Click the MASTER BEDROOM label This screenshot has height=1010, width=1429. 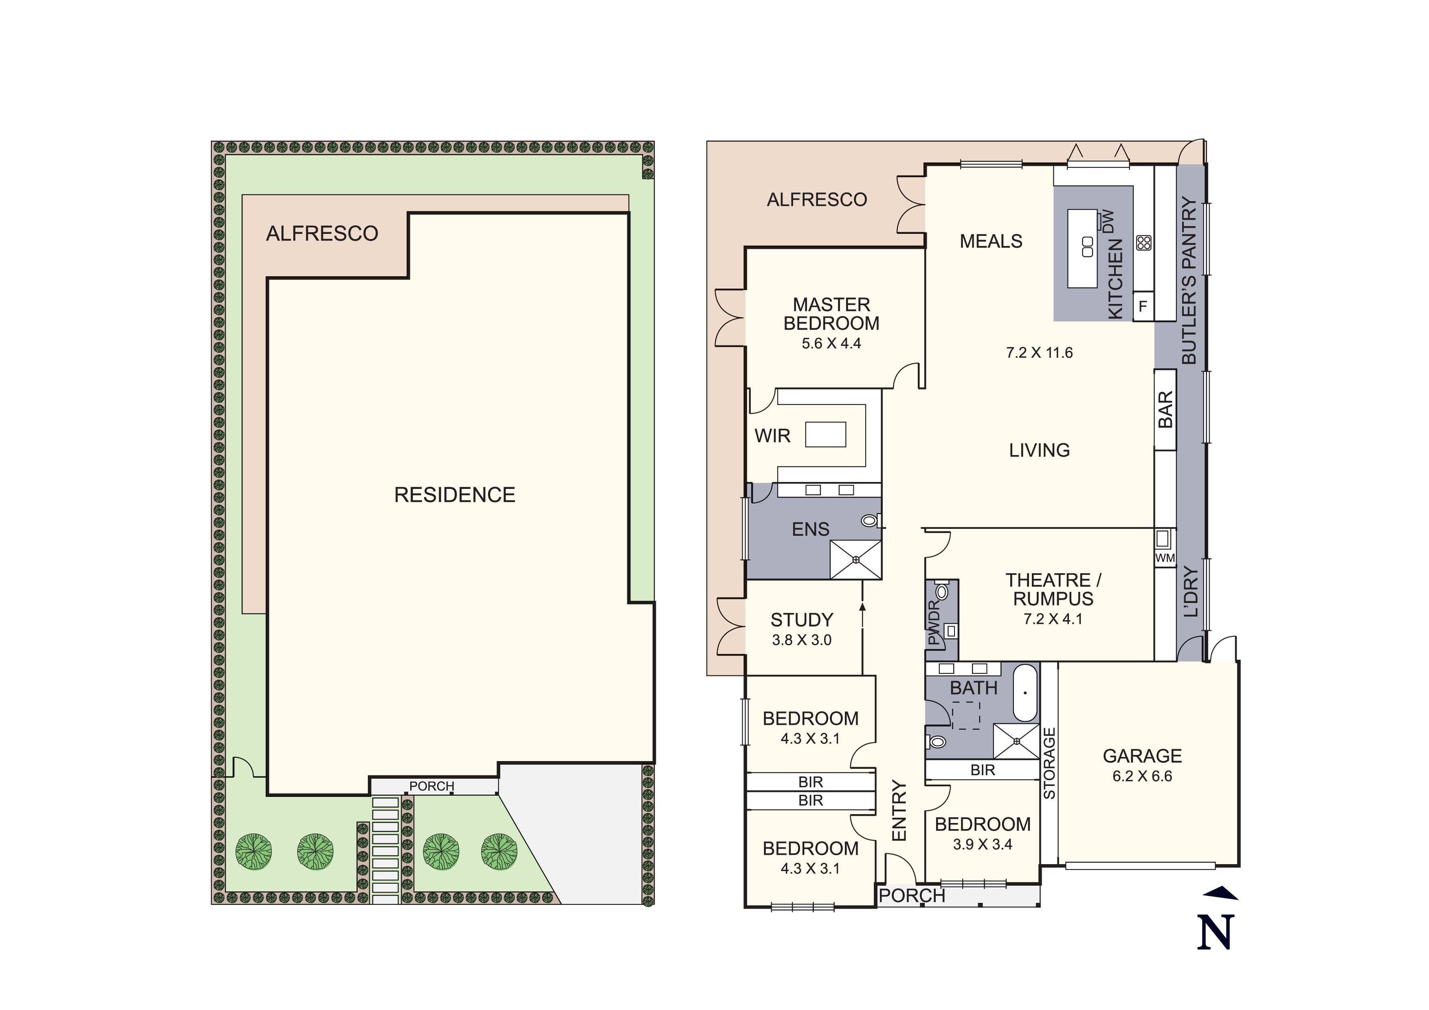pyautogui.click(x=831, y=314)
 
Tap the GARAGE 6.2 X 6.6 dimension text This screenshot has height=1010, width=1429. pyautogui.click(x=1142, y=776)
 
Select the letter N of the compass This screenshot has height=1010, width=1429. pyautogui.click(x=1215, y=932)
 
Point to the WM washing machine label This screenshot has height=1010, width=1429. pyautogui.click(x=1165, y=558)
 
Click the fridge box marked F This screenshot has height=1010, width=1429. pyautogui.click(x=1143, y=306)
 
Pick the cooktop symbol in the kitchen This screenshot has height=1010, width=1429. pyautogui.click(x=1144, y=243)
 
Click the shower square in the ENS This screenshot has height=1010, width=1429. pyautogui.click(x=856, y=559)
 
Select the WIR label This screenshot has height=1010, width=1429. pyautogui.click(x=772, y=436)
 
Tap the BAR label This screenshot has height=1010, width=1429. pyautogui.click(x=1165, y=409)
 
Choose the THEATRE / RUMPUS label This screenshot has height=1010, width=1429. pyautogui.click(x=1053, y=589)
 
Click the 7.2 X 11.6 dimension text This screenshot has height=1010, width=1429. pyautogui.click(x=1040, y=353)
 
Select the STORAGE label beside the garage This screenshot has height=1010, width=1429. pyautogui.click(x=1049, y=764)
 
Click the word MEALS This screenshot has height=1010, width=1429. pyautogui.click(x=991, y=242)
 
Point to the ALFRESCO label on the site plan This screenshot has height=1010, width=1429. pyautogui.click(x=322, y=233)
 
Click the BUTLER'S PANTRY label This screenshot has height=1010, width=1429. pyautogui.click(x=1189, y=281)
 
